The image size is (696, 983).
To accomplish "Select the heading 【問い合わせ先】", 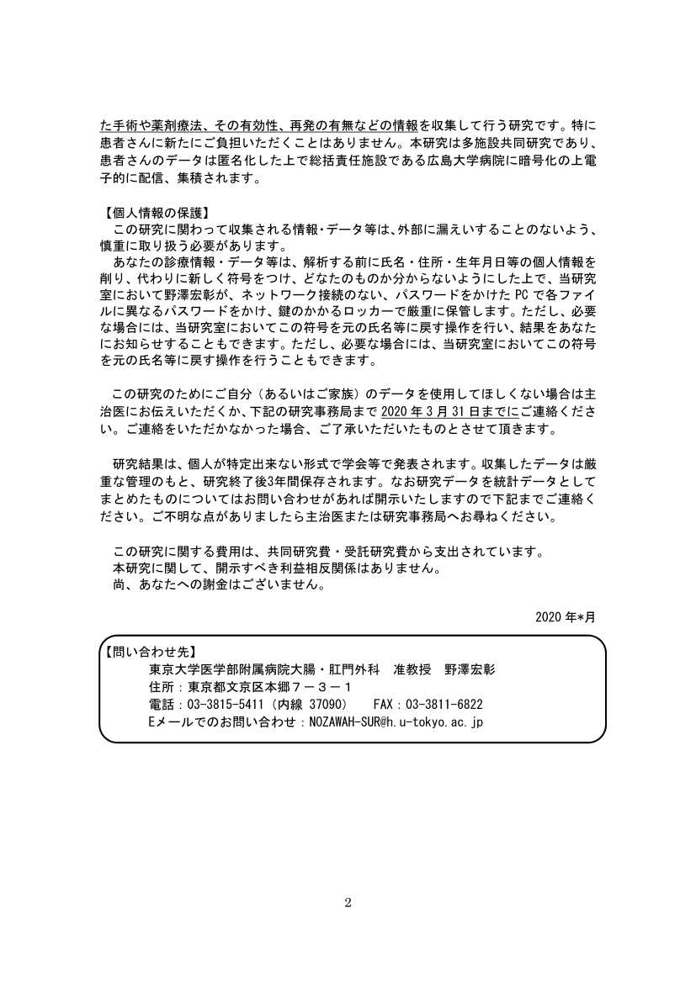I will tap(149, 651).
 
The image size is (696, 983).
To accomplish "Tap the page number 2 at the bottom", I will tap(348, 903).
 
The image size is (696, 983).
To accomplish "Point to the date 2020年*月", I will tap(565, 616).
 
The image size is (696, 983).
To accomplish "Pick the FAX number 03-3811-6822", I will tap(444, 704).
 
